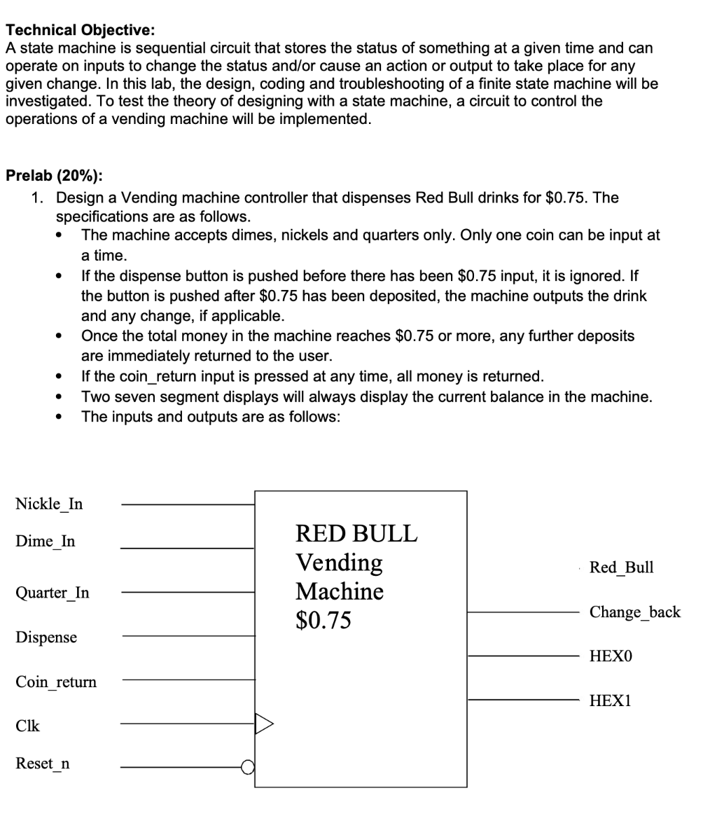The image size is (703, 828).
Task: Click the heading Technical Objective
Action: click(x=81, y=30)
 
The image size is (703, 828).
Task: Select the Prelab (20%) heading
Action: click(x=54, y=175)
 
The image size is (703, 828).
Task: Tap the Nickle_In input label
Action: click(x=49, y=504)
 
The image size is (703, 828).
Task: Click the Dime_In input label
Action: click(x=46, y=541)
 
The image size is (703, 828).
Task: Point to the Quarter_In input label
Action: click(x=53, y=593)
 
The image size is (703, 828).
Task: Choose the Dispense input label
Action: click(x=46, y=637)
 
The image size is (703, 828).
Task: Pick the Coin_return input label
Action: click(x=56, y=682)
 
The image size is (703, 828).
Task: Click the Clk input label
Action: click(x=27, y=726)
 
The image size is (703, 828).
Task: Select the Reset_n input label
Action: click(x=43, y=764)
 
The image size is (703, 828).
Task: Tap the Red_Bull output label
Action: click(x=622, y=567)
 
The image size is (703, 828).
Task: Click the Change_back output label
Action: click(x=634, y=612)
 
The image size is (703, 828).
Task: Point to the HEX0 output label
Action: click(x=611, y=656)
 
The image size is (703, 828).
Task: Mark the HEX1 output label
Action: click(x=611, y=701)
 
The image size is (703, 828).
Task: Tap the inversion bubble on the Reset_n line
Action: click(x=249, y=767)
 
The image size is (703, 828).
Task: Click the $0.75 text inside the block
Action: click(x=323, y=621)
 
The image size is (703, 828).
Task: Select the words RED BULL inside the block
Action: click(x=356, y=534)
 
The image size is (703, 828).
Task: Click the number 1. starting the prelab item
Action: click(x=40, y=198)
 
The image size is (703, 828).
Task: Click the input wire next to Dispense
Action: click(x=189, y=636)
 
